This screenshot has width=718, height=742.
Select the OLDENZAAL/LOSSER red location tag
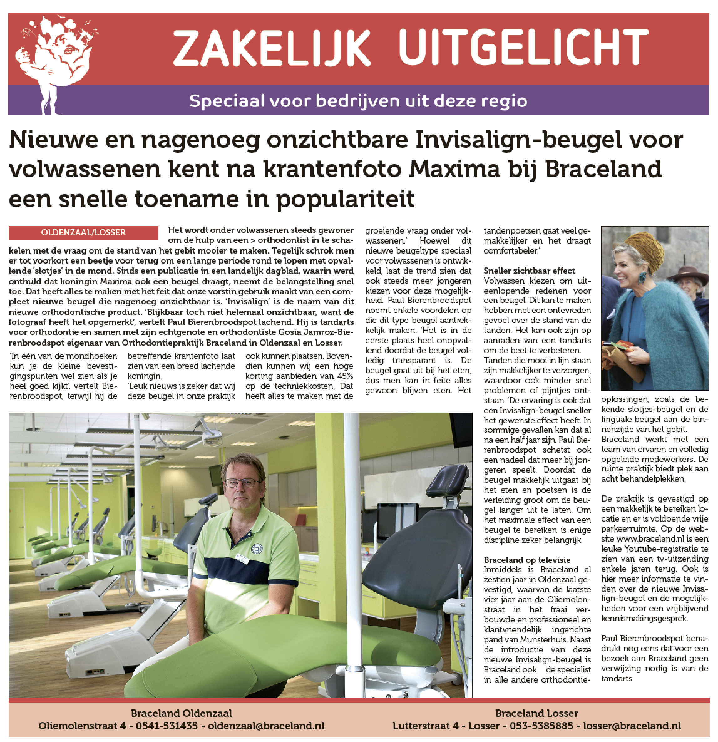(83, 232)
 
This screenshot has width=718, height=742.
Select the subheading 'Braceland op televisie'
(527, 560)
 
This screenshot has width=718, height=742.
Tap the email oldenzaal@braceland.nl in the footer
(266, 726)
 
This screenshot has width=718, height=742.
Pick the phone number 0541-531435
(167, 726)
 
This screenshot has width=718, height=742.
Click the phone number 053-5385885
(541, 726)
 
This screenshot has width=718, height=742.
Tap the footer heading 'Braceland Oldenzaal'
(181, 713)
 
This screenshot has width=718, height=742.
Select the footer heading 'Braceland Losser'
(536, 713)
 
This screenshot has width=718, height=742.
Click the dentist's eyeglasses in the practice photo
(242, 483)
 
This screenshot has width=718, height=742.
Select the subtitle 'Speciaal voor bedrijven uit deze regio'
(358, 101)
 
